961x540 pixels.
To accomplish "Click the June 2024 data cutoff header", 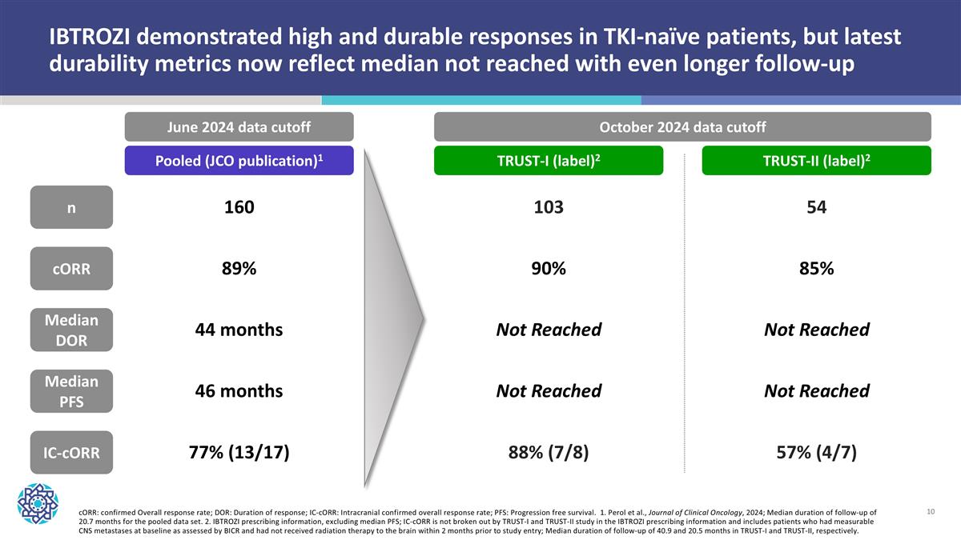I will point(239,127).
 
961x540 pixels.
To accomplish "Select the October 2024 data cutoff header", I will point(682,127).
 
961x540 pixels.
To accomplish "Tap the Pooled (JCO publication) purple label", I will point(239,160).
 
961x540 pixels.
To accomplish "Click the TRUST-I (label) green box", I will point(548,160).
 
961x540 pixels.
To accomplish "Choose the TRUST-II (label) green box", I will point(816,160).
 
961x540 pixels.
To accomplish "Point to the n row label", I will point(72,207).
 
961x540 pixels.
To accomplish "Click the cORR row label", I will point(72,269).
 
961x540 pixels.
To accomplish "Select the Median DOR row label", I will point(72,330).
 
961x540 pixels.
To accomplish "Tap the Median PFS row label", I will point(72,391).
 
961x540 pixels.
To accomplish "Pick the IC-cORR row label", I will point(72,453).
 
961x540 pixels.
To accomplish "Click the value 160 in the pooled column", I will point(239,207).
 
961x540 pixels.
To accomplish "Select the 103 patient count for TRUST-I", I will point(549,207).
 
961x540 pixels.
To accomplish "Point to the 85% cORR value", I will point(817,269).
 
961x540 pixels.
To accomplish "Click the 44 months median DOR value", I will point(239,330).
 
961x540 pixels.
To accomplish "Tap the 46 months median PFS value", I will point(239,391).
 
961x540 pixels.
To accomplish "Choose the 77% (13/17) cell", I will point(239,453).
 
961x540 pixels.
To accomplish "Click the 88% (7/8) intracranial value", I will point(549,453).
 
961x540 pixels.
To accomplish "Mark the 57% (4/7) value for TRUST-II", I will point(817,453).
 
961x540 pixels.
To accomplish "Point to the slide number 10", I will point(931,510).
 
